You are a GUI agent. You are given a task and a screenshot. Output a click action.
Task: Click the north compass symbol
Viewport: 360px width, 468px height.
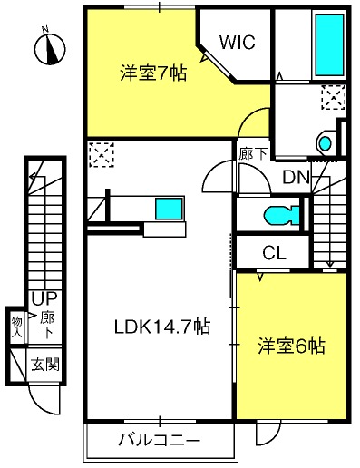coord(50,48)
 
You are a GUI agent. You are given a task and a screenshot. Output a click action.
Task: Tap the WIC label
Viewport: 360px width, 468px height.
coord(238,42)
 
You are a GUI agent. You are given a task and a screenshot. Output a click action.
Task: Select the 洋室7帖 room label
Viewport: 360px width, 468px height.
coord(153,73)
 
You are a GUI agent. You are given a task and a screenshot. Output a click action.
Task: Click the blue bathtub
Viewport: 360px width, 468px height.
coord(330,44)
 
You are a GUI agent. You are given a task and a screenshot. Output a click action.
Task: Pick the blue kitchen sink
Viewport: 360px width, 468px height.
coord(170,209)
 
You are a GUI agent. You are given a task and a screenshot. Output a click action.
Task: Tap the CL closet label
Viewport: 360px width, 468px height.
coord(274,253)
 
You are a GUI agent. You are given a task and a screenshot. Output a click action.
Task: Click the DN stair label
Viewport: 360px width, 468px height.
coord(297,178)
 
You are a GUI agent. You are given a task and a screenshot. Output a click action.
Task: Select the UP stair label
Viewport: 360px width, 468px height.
coord(44,299)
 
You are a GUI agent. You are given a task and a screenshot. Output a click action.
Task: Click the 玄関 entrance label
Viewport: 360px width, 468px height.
coord(45,365)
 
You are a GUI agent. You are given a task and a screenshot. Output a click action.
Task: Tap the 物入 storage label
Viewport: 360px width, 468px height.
coord(17,327)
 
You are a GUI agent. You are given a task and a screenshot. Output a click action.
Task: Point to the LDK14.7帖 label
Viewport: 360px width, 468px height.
coord(162,327)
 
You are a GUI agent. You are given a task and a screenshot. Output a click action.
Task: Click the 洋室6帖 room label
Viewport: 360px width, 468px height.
coord(291,346)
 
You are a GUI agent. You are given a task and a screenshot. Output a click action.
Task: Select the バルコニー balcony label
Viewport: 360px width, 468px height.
coord(160,440)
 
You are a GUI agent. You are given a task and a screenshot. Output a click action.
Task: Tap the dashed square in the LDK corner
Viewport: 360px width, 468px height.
coord(102,155)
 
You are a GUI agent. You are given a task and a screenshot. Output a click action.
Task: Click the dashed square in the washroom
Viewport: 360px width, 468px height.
coord(334,97)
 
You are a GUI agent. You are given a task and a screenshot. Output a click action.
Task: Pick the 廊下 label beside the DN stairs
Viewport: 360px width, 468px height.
coord(253,154)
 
